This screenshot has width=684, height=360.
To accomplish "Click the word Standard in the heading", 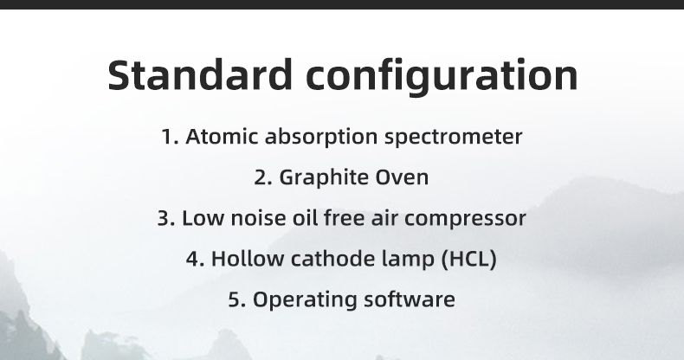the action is pos(200,75).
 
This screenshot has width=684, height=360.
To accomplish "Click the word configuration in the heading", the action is pos(442,76).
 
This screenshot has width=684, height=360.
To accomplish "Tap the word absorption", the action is pos(321,138).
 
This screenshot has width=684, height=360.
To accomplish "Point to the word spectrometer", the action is pos(453,138).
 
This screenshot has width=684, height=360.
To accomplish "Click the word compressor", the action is pos(466,219).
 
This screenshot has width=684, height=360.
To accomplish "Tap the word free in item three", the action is pos(345,217).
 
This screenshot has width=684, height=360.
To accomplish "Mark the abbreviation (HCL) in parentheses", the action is pos(469,259).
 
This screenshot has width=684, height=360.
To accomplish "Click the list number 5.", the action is pos(237,299).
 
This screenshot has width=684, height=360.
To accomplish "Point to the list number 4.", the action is pos(196,259).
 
